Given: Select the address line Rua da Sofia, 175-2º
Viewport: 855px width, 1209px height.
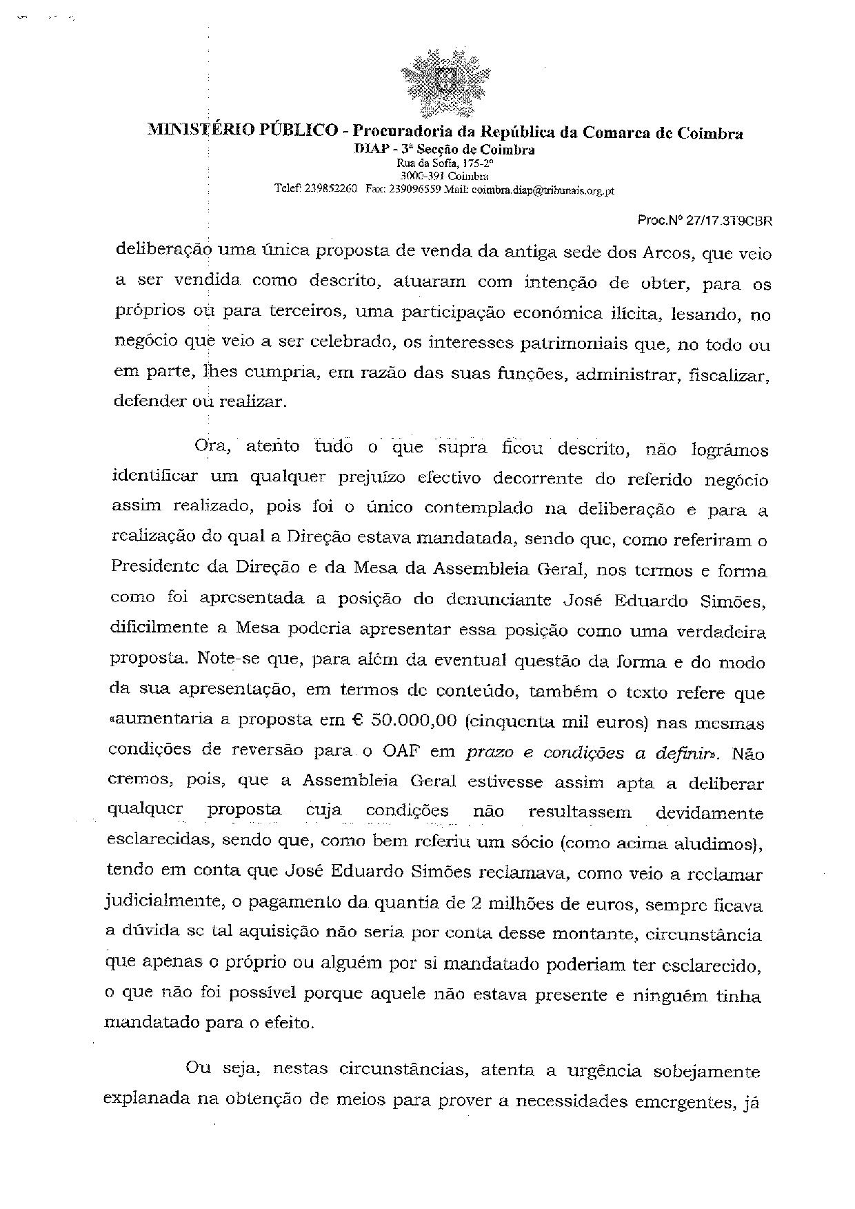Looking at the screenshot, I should pyautogui.click(x=445, y=163).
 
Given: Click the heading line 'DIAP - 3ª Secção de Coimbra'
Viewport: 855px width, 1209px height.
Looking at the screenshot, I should pyautogui.click(x=445, y=149).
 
